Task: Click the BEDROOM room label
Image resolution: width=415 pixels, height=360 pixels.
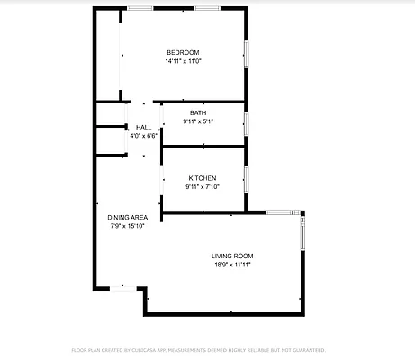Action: (183, 52)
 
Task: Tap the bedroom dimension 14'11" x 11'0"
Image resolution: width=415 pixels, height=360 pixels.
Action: (183, 62)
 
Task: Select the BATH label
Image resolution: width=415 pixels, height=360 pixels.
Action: (197, 112)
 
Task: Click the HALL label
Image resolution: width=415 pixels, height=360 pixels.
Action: (143, 127)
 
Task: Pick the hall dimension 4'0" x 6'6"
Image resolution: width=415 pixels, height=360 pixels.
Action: (143, 136)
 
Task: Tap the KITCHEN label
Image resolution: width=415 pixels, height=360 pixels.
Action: (202, 178)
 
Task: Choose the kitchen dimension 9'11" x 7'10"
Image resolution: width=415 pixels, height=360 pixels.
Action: (202, 187)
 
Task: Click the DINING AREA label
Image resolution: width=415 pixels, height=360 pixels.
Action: (127, 217)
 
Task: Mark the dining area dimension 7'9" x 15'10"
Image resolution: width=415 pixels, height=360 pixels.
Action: (127, 226)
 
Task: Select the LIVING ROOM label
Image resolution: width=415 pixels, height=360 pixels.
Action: (231, 256)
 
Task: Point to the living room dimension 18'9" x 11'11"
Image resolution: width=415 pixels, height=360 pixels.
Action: (231, 265)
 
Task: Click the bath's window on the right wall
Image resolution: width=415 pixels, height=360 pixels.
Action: (246, 123)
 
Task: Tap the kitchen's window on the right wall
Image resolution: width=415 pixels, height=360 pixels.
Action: (246, 178)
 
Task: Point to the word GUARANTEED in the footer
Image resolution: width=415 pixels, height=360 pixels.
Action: (304, 349)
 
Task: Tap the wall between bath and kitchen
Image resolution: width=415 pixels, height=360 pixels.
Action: (203, 146)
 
